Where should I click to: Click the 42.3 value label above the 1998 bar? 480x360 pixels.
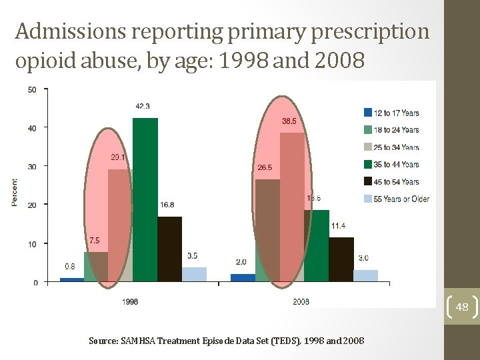coord(142,106)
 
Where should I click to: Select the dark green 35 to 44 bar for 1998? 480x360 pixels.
coord(145,200)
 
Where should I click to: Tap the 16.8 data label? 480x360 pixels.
coord(167,205)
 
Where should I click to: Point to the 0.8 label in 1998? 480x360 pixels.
coord(69,267)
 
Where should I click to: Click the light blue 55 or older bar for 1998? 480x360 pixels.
coord(194,274)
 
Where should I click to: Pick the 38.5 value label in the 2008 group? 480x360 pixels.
coord(289,121)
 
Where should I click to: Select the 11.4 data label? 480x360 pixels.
coord(339,226)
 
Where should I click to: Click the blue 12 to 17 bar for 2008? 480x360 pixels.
coord(243,277)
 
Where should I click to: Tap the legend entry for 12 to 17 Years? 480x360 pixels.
coord(396,113)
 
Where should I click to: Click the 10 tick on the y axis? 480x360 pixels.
coord(33,245)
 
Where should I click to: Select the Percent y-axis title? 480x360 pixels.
coord(15,192)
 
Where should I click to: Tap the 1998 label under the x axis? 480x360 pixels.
coord(131,302)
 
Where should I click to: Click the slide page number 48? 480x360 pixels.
coord(462,307)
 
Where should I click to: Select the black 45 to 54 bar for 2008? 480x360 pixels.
coord(341,260)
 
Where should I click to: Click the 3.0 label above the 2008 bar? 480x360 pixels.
coord(363,258)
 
